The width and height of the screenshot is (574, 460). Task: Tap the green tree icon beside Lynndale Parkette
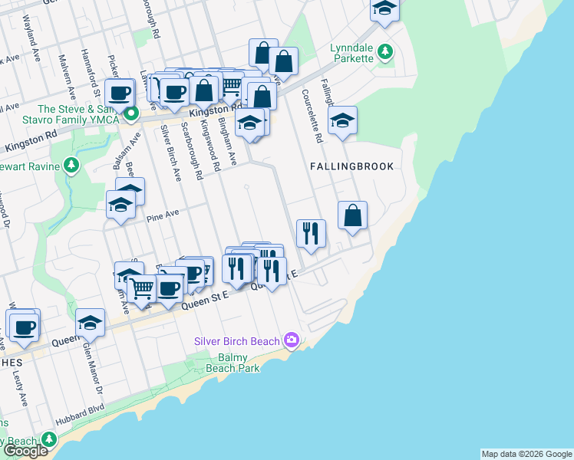click(x=386, y=52)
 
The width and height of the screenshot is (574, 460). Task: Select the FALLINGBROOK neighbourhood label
click(x=351, y=166)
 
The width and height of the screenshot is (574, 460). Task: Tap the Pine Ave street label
click(x=162, y=215)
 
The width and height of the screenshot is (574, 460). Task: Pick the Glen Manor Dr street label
click(x=92, y=372)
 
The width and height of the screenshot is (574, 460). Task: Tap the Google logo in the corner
click(x=25, y=451)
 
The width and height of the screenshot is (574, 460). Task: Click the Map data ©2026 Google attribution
click(x=526, y=454)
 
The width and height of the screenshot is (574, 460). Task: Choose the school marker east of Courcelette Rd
click(x=342, y=120)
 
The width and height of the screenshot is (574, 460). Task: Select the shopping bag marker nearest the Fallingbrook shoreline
click(x=352, y=215)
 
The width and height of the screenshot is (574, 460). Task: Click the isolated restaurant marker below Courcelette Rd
click(x=311, y=233)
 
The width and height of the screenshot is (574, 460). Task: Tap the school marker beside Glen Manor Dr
click(x=90, y=323)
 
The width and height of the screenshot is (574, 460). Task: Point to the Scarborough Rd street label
click(x=191, y=149)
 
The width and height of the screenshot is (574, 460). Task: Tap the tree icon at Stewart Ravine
click(x=71, y=165)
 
